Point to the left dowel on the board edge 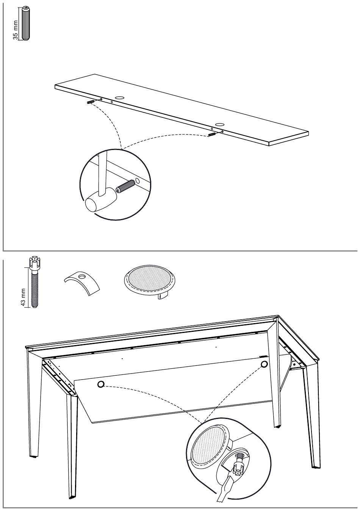[x=91, y=102]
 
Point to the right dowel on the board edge [x=212, y=134]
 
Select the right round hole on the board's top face [x=219, y=124]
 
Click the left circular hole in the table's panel [x=100, y=384]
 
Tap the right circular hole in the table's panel [x=264, y=364]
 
